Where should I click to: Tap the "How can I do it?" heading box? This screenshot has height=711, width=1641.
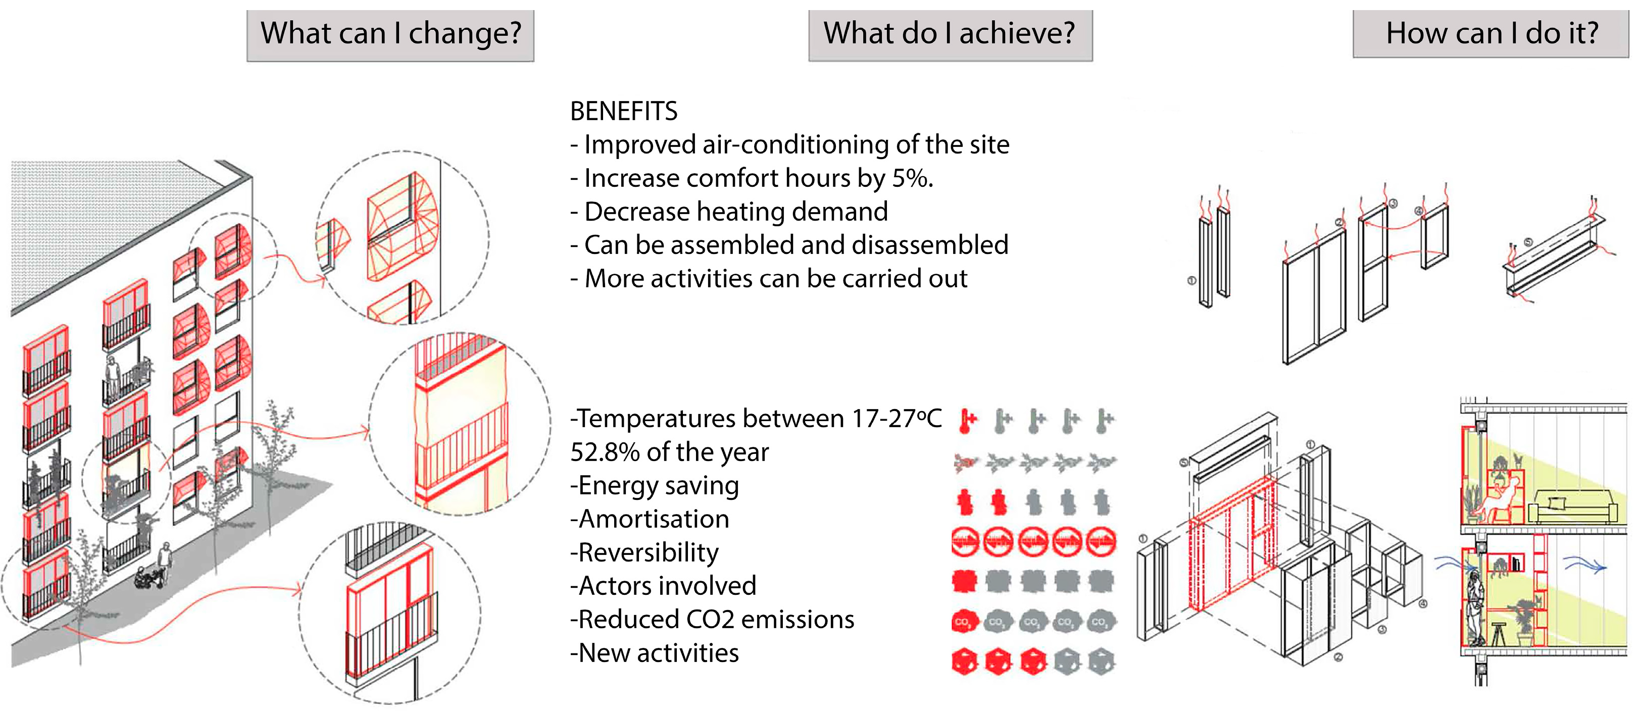tap(1490, 33)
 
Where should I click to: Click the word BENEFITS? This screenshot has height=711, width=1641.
tap(624, 112)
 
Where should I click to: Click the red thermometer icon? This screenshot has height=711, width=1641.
tap(968, 421)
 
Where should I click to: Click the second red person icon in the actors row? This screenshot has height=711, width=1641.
tap(998, 502)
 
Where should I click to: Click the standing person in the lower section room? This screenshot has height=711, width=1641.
tap(1475, 608)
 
